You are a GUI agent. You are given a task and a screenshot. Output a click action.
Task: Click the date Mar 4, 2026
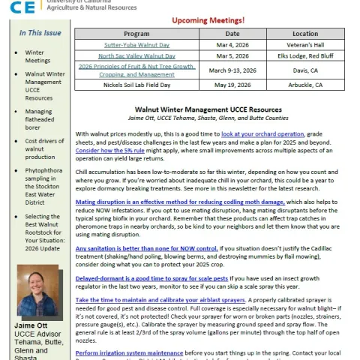(232, 45)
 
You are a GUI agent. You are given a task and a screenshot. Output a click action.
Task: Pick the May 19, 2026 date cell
(232, 85)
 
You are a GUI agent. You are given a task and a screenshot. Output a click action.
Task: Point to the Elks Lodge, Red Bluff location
(304, 55)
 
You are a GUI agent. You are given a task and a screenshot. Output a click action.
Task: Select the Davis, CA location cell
(304, 70)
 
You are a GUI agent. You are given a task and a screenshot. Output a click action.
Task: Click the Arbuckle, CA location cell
(304, 85)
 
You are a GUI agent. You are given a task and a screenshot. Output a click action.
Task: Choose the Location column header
(304, 34)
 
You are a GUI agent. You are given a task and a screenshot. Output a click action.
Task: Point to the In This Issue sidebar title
(40, 33)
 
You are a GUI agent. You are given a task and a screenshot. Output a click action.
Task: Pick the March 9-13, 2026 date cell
(232, 70)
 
